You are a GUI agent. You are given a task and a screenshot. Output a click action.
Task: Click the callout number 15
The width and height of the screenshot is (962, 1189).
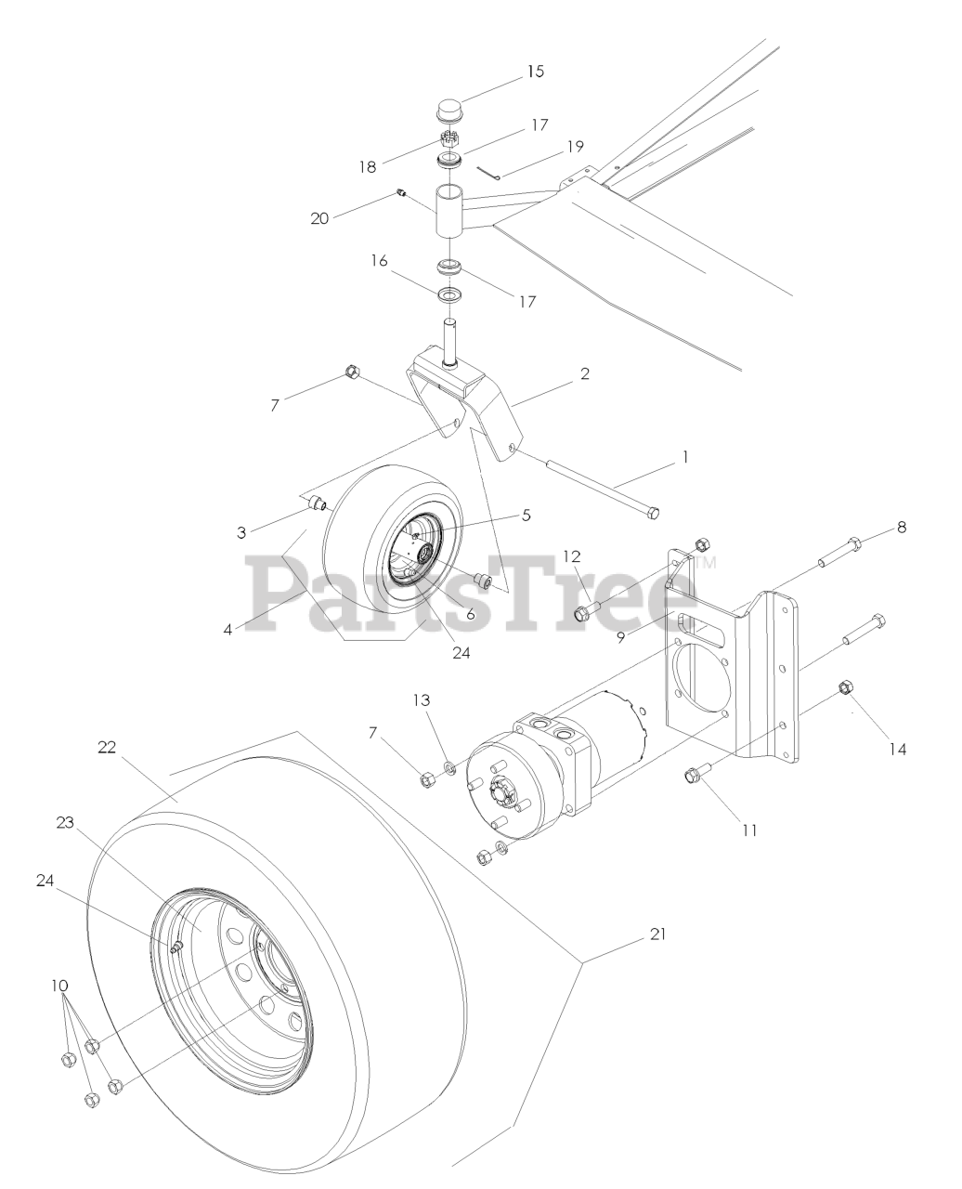coord(535,72)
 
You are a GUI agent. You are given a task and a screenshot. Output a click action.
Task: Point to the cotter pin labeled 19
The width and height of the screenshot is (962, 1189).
coord(488,173)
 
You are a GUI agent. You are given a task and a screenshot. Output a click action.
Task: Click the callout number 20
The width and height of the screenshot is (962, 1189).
coord(319,218)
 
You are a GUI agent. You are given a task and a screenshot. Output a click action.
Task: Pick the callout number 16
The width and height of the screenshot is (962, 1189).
coord(380,261)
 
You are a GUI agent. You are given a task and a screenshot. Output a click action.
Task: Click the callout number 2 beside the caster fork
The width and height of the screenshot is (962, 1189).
coord(584,373)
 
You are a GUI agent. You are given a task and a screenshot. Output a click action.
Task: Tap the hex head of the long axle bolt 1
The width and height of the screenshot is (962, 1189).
coord(652,512)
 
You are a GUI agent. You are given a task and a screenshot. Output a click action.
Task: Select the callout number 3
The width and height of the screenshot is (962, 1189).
coord(241,532)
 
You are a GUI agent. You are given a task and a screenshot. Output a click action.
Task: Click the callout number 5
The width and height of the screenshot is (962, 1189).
coord(526,516)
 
